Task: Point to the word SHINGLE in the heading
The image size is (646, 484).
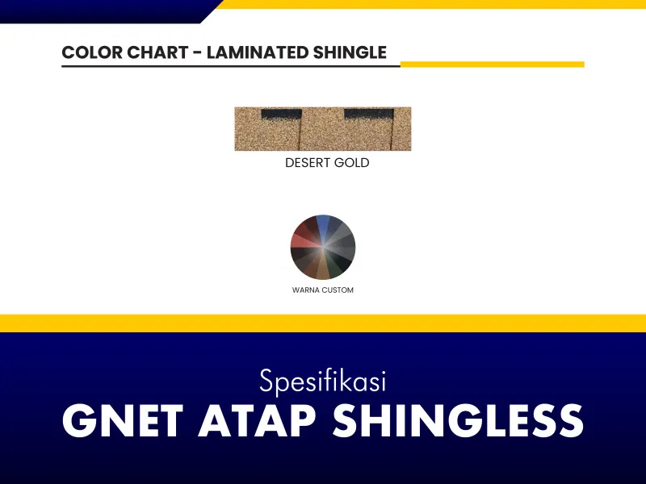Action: coord(350,52)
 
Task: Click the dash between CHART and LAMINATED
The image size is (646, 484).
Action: coord(198,53)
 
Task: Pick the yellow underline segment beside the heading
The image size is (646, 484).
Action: coord(493,65)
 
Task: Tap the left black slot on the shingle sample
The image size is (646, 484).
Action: coord(281,114)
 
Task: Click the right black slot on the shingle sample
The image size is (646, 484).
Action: coord(369,114)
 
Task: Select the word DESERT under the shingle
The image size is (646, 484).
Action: coord(308,163)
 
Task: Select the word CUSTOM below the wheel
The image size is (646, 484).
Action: coord(338,290)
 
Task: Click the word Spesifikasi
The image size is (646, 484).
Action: coord(323,381)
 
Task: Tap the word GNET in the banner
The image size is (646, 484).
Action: coord(123,420)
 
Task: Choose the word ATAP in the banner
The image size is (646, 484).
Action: coord(258,420)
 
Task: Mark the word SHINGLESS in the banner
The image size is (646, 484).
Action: coord(458,420)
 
